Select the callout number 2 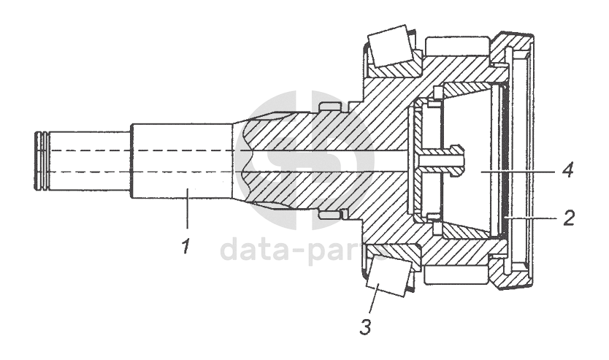click(568, 217)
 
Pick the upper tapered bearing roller click(388, 45)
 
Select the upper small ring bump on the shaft click(331, 108)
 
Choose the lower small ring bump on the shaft click(331, 215)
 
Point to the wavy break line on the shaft click(245, 161)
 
